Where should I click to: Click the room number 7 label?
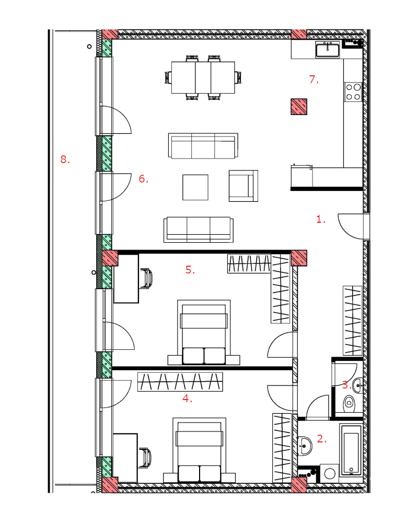click(313, 79)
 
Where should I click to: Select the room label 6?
click(143, 179)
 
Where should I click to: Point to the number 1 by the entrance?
click(321, 219)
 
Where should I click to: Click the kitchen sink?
click(327, 50)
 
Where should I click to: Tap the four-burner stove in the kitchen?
click(353, 92)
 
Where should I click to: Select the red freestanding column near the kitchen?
click(299, 107)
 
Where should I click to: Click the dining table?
click(203, 77)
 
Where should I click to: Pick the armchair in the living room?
click(243, 186)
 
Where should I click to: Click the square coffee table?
click(195, 187)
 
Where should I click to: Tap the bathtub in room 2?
click(351, 450)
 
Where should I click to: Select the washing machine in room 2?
click(329, 473)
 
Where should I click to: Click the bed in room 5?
click(204, 332)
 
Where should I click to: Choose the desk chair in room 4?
click(145, 458)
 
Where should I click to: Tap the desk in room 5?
click(126, 279)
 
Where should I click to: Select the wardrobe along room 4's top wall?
click(180, 382)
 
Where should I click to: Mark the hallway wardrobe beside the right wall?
click(353, 321)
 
